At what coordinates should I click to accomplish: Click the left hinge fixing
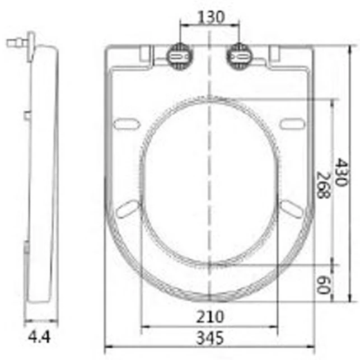point(179,56)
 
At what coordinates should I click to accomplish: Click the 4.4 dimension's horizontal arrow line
point(40,321)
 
